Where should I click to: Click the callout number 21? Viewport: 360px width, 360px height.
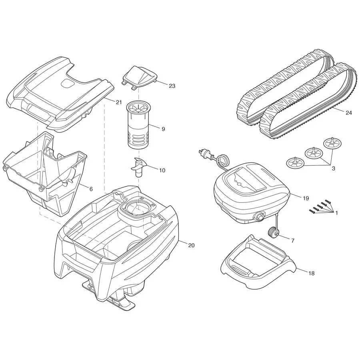[x=118, y=102]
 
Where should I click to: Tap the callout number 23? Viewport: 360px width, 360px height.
[x=172, y=86]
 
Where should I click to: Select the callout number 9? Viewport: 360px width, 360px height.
[x=163, y=129]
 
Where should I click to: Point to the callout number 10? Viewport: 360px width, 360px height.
[x=162, y=170]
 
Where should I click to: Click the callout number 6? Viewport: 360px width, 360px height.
[x=91, y=189]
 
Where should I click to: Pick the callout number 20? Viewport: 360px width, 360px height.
[x=191, y=245]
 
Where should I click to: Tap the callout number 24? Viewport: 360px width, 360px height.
[x=348, y=113]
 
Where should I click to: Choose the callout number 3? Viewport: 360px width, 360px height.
[x=333, y=168]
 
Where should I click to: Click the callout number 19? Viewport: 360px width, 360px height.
[x=306, y=198]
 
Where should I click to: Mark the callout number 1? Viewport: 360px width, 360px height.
[x=336, y=213]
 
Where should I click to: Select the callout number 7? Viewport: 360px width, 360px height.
[x=292, y=241]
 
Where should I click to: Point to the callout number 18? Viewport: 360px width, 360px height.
[x=312, y=273]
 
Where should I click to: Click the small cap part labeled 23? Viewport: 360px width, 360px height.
[x=139, y=76]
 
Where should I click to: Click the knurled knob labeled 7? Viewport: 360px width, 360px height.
[x=273, y=232]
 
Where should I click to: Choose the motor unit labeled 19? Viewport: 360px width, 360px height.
[x=250, y=192]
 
